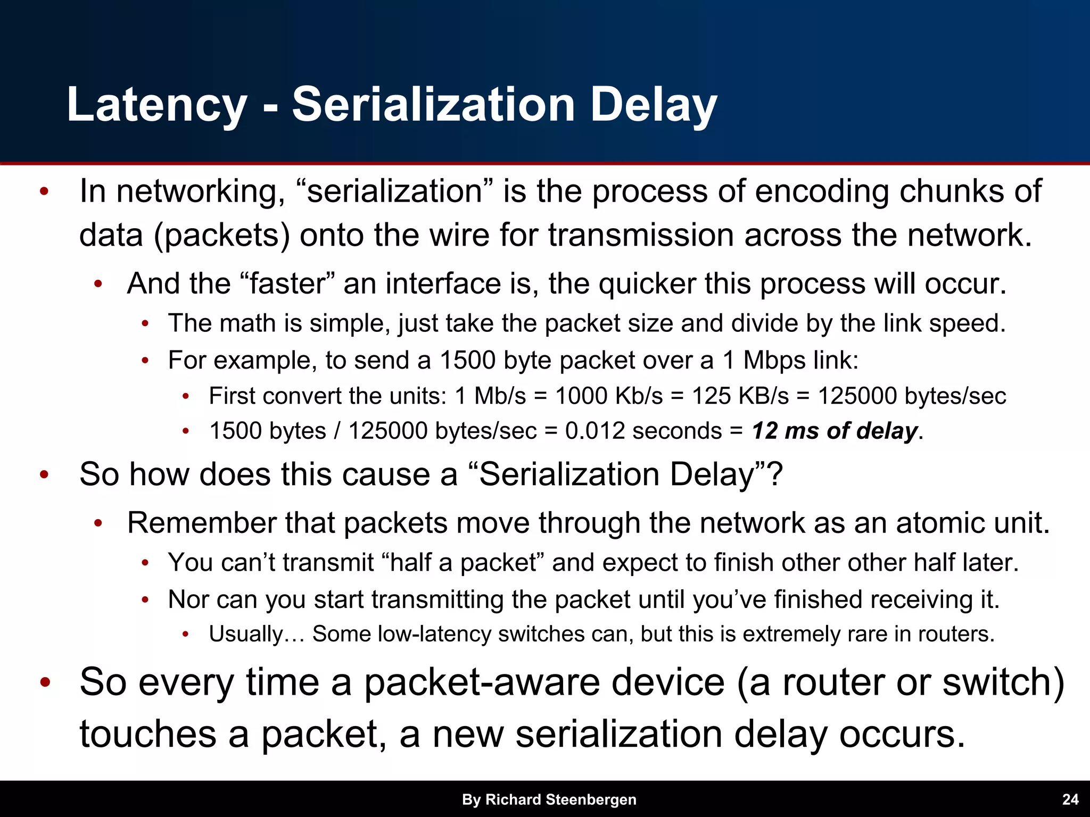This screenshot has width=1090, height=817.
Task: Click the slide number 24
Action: coord(1070,799)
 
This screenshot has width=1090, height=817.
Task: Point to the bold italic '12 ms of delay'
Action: coord(835,431)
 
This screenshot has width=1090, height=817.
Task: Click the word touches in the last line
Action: coord(148,734)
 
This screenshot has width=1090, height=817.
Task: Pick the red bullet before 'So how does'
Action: coord(45,474)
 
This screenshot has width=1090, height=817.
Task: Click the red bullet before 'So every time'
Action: coord(45,683)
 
